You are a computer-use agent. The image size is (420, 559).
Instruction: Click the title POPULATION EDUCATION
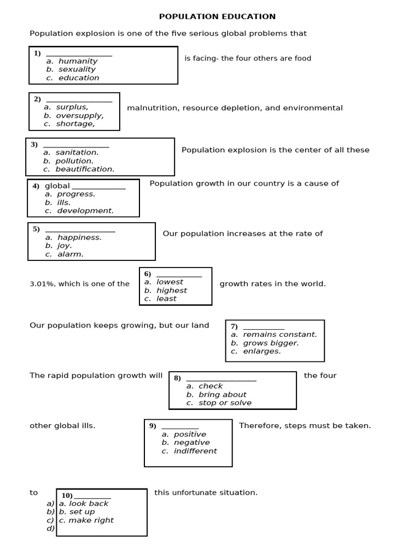pyautogui.click(x=217, y=17)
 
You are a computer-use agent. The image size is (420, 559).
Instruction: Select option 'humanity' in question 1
pyautogui.click(x=78, y=61)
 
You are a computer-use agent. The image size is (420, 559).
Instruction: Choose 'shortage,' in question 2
pyautogui.click(x=75, y=124)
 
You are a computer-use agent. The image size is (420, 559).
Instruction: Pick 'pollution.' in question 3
pyautogui.click(x=74, y=161)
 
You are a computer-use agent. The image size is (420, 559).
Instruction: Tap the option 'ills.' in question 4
pyautogui.click(x=63, y=203)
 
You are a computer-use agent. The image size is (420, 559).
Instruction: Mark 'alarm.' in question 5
pyautogui.click(x=71, y=254)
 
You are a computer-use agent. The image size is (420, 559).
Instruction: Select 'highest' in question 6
pyautogui.click(x=171, y=290)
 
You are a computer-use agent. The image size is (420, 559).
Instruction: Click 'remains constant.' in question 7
pyautogui.click(x=279, y=335)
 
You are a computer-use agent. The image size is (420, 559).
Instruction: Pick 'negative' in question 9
pyautogui.click(x=191, y=443)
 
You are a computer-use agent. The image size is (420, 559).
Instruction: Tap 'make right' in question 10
pyautogui.click(x=91, y=520)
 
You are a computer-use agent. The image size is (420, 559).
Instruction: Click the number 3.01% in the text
pyautogui.click(x=42, y=284)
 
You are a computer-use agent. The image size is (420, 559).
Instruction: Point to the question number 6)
pyautogui.click(x=148, y=274)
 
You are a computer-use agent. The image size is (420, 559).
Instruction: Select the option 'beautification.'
pyautogui.click(x=85, y=169)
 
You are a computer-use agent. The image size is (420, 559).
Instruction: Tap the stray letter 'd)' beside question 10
pyautogui.click(x=50, y=528)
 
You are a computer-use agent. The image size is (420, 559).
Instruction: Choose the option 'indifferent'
pyautogui.click(x=195, y=451)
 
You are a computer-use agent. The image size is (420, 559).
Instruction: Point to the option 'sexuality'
pyautogui.click(x=77, y=69)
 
